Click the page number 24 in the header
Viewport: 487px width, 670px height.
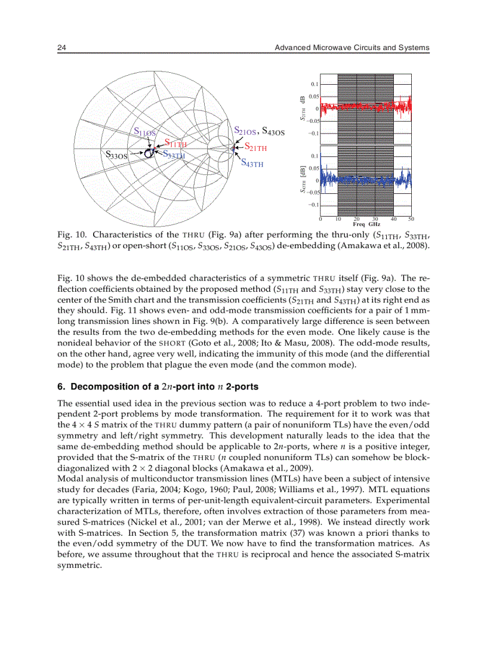pyautogui.click(x=61, y=47)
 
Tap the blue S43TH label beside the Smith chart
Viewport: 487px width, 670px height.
pyautogui.click(x=252, y=163)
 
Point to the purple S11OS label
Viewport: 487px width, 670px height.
pyautogui.click(x=144, y=132)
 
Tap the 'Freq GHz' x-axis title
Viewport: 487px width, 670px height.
pyautogui.click(x=366, y=224)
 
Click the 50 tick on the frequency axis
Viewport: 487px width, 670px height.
pyautogui.click(x=411, y=219)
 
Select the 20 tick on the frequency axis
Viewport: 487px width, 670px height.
pyautogui.click(x=356, y=219)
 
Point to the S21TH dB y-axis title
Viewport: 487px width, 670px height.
pyautogui.click(x=303, y=109)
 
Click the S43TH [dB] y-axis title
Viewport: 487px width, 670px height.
pyautogui.click(x=303, y=180)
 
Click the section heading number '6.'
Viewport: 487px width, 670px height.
pyautogui.click(x=61, y=386)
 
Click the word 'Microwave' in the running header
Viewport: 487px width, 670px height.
pyautogui.click(x=334, y=47)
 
